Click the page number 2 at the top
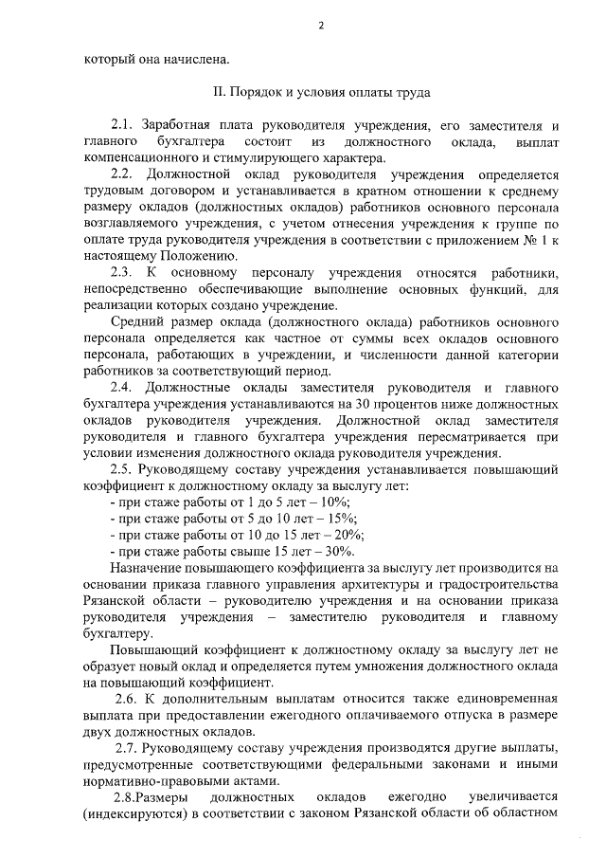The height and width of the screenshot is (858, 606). [320, 26]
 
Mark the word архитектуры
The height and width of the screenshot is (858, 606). [415, 584]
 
